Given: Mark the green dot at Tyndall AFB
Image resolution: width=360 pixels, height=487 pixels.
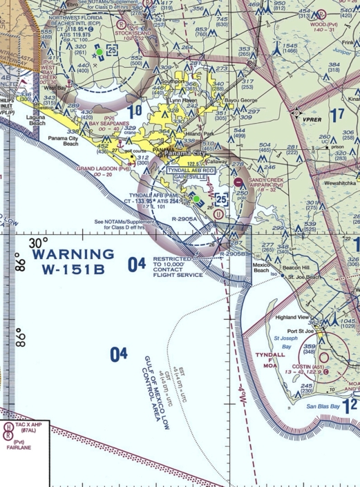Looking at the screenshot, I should click(x=196, y=199).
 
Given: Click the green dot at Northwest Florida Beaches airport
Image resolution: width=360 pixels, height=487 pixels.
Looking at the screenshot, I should click(x=99, y=51).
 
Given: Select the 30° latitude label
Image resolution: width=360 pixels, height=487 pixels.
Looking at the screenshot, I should click(x=39, y=243).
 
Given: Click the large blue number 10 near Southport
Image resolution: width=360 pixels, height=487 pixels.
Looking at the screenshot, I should click(x=135, y=110).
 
